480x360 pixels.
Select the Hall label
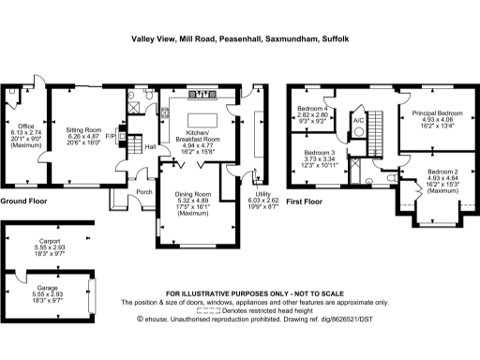tap(149, 146)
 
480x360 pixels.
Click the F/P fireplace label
tap(111, 135)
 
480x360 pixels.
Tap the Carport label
tap(43, 241)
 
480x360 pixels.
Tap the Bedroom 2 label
tap(443, 172)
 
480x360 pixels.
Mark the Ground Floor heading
tap(24, 202)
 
